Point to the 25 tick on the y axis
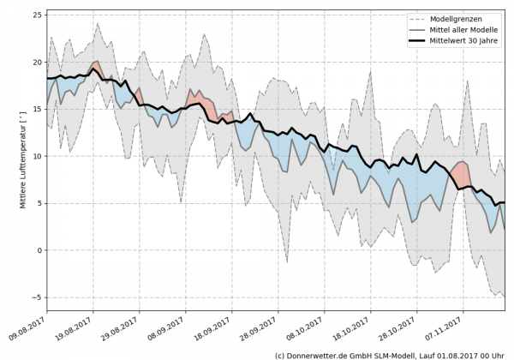tap(38, 15)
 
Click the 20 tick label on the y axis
tap(38, 63)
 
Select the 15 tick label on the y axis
tap(38, 110)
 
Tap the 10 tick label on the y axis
tap(38, 157)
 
